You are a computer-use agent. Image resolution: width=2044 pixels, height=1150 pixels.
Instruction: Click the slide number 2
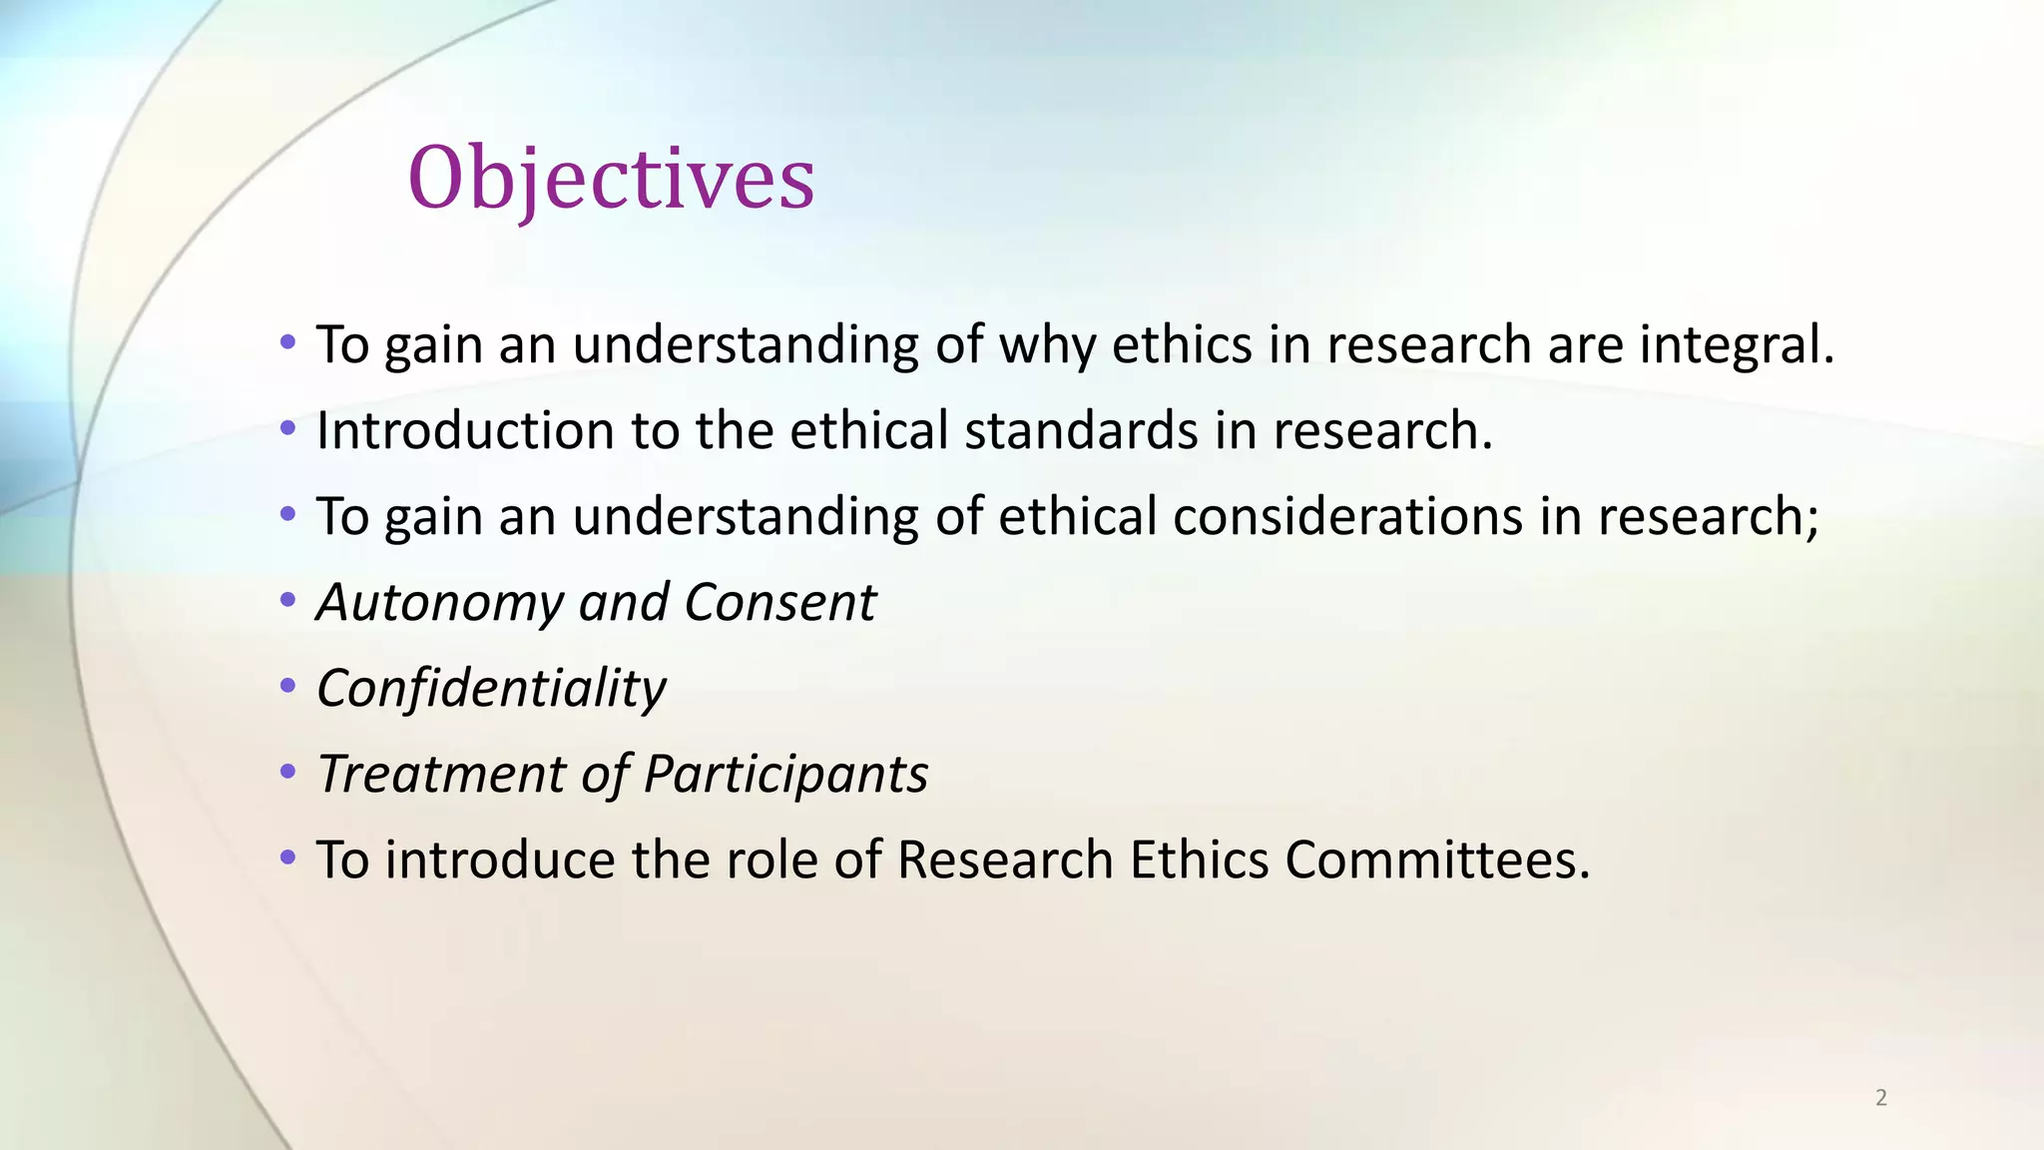1881,1098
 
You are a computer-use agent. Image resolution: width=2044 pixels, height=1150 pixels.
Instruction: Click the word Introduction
465,431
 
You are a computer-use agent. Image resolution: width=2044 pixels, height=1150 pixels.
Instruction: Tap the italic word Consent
780,603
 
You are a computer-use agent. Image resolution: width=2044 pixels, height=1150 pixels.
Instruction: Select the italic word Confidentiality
491,689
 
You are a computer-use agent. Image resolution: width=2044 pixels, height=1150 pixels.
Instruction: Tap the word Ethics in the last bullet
1199,861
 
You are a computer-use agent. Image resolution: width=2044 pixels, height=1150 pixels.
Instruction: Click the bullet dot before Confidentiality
288,687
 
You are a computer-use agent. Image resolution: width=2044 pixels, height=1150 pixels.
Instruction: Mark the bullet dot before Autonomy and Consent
288,601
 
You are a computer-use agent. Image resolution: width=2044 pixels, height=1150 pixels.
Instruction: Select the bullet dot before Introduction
288,429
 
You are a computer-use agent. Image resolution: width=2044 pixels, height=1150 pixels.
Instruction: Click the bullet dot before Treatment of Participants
288,773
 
